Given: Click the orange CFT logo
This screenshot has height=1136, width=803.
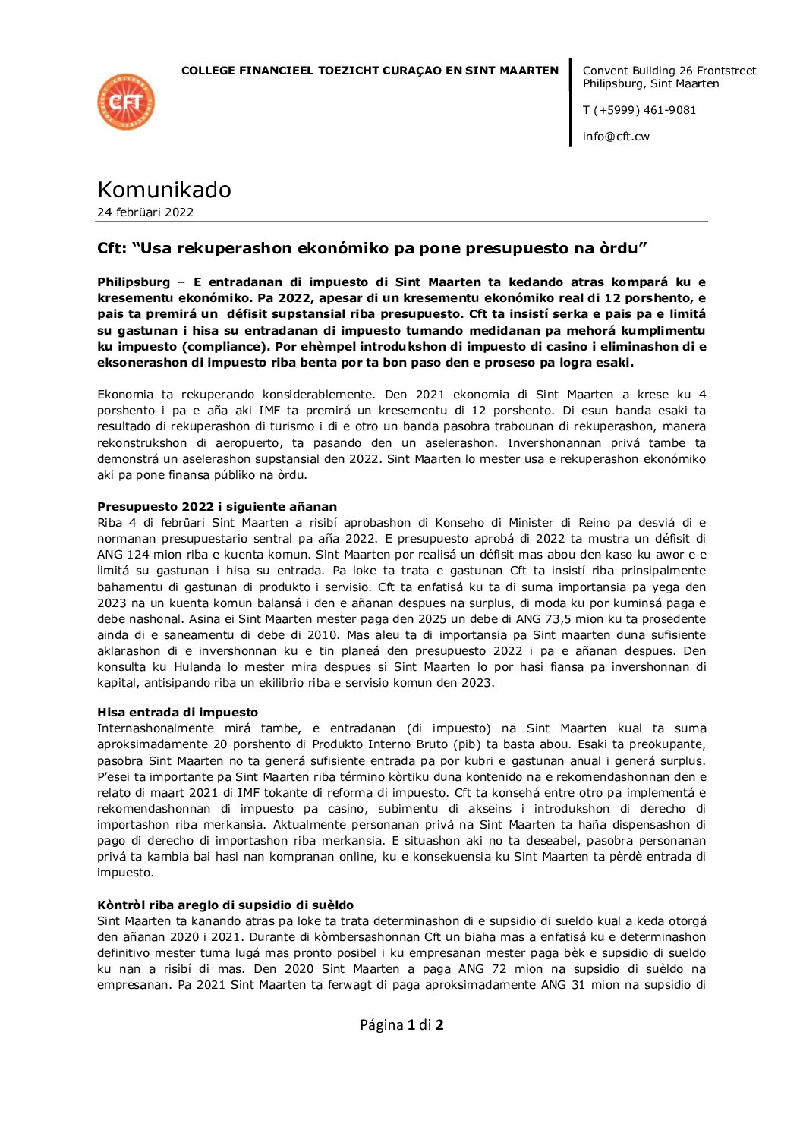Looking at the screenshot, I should pos(126,102).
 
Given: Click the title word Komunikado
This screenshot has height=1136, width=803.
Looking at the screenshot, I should pos(164,189).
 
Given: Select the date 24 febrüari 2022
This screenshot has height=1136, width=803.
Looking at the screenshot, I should pos(145,212).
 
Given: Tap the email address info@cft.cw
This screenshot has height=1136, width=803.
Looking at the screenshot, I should pos(616,137).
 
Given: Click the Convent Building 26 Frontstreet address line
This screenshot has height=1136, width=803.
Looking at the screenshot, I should pos(669,71).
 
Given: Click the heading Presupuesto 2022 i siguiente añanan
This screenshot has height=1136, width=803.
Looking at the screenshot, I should pos(217,507).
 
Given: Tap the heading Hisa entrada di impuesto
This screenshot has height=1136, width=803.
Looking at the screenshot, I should pos(178,713).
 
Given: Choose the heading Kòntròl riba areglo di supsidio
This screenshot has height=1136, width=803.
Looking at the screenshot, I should pos(225,905).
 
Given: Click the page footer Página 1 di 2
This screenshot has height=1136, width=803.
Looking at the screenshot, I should pos(401,1025).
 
